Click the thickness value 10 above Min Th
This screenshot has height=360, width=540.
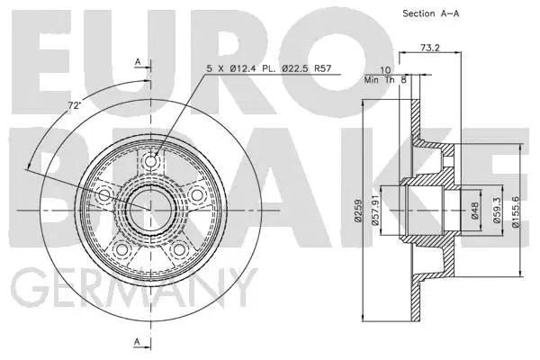(385, 69)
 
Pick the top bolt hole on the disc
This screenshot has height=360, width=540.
(150, 163)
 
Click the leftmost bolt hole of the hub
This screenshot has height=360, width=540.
(105, 195)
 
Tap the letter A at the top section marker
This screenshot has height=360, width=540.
(138, 60)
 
